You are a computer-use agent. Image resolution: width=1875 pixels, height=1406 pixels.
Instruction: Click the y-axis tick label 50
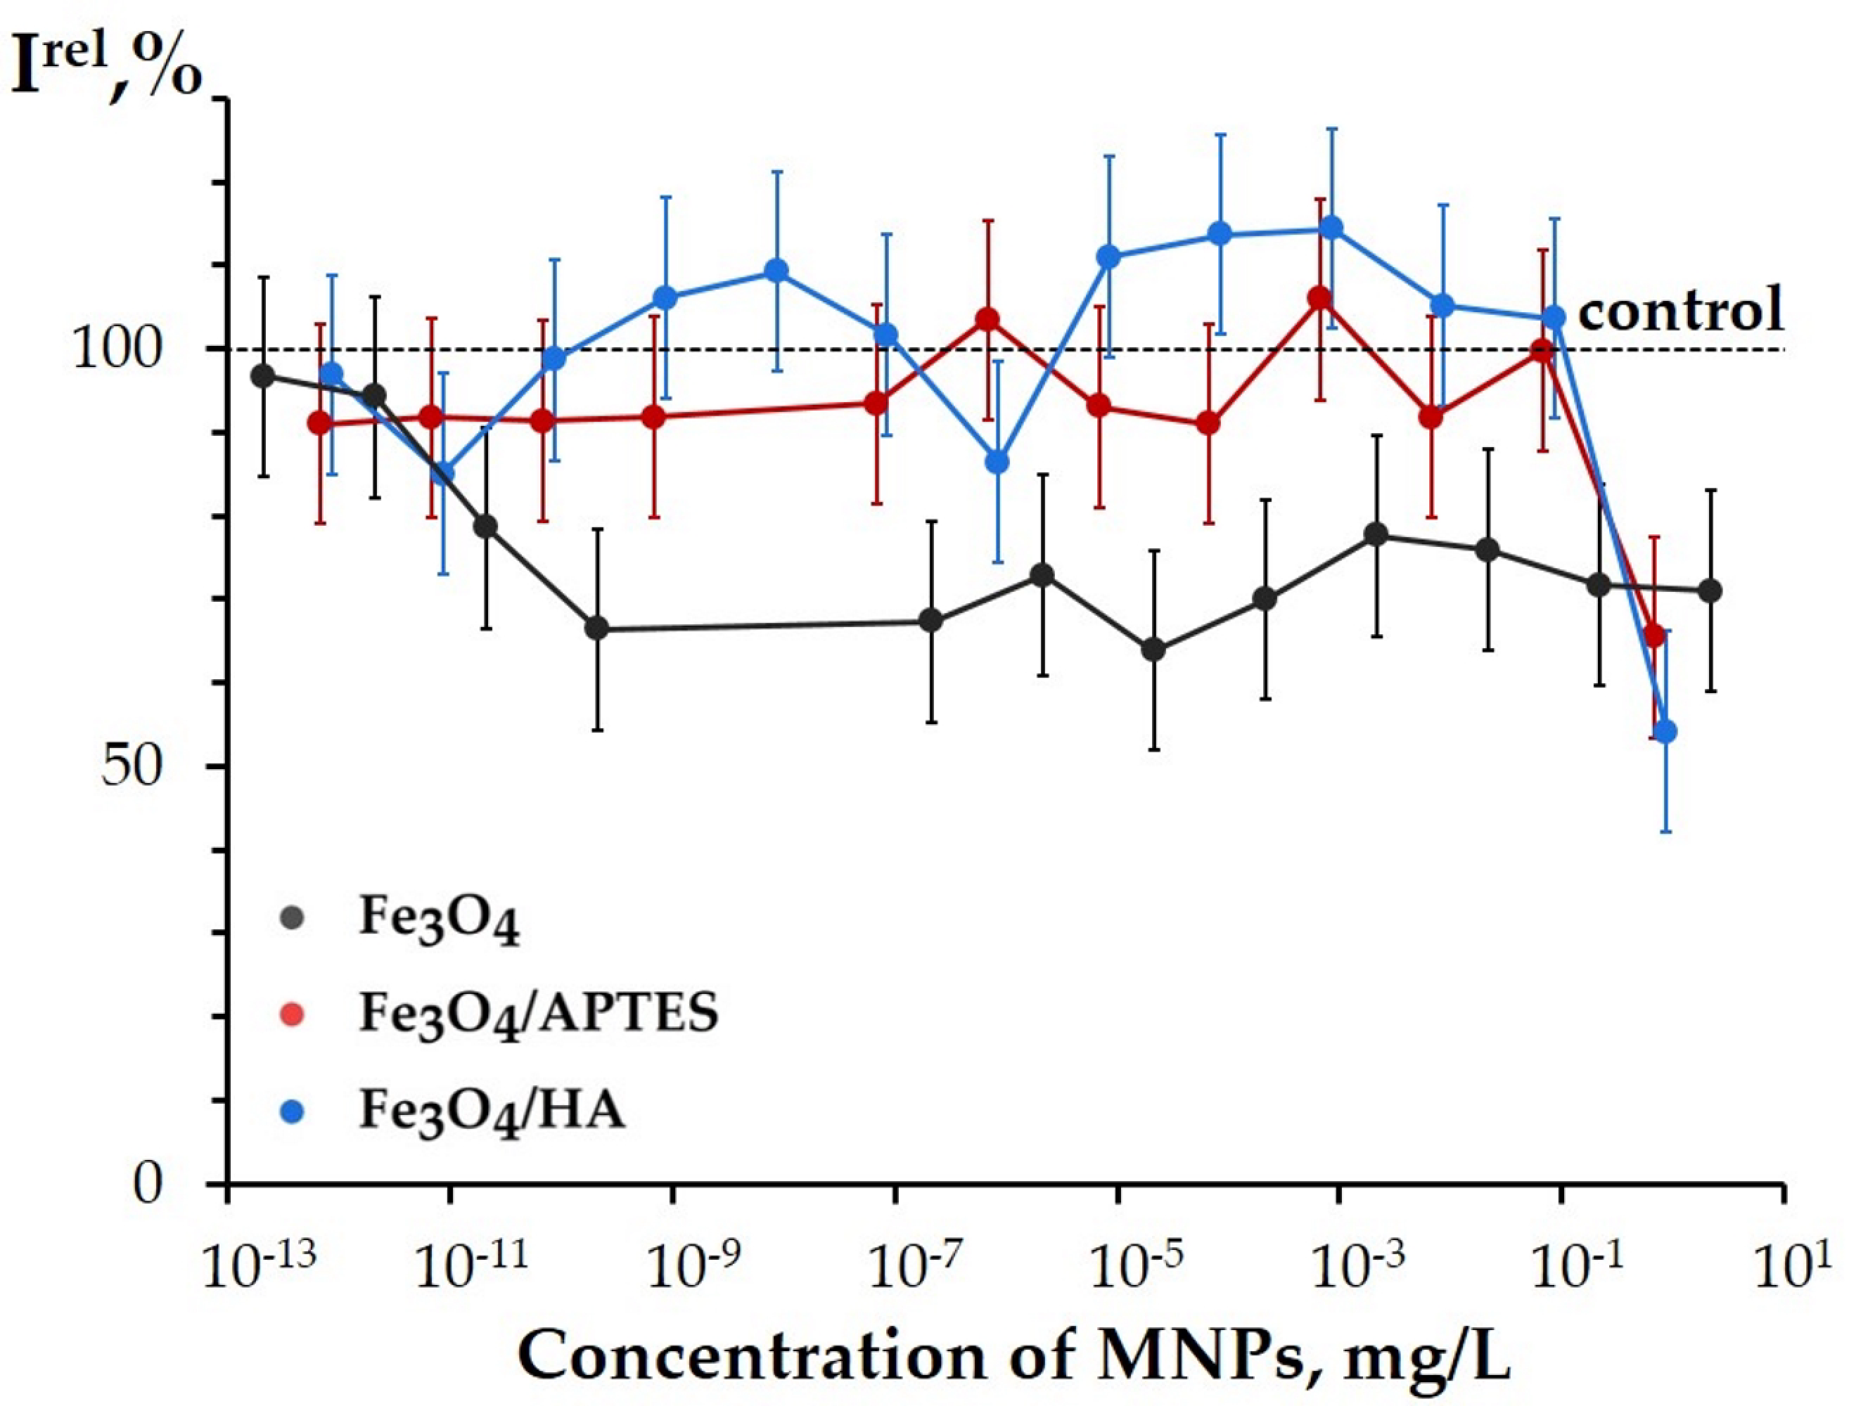pyautogui.click(x=132, y=768)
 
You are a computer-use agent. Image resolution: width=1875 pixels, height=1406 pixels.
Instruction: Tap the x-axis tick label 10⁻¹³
pyautogui.click(x=259, y=1266)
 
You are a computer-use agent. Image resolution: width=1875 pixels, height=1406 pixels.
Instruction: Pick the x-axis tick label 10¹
pyautogui.click(x=1801, y=1266)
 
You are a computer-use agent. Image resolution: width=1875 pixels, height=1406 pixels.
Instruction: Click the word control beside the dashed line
pyautogui.click(x=1680, y=310)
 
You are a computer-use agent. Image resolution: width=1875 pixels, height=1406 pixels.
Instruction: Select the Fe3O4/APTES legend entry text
pyautogui.click(x=538, y=1013)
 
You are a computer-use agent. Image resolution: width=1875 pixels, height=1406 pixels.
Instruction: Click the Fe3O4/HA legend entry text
pyautogui.click(x=492, y=1111)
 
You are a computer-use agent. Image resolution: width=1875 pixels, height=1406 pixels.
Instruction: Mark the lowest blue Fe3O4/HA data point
pyautogui.click(x=1665, y=731)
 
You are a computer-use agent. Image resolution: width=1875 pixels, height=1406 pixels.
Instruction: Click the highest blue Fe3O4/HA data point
pyautogui.click(x=1331, y=228)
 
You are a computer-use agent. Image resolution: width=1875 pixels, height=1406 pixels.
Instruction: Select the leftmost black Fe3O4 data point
pyautogui.click(x=264, y=375)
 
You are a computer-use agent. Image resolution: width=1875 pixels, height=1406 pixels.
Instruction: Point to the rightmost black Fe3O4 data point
pyautogui.click(x=1710, y=591)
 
